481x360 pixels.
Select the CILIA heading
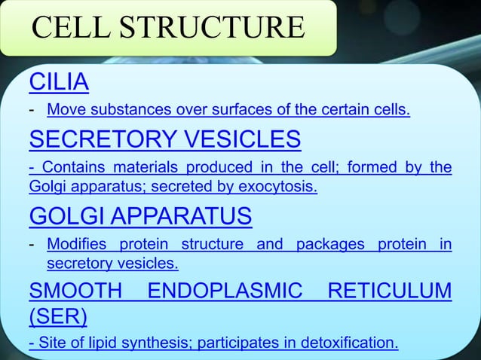click(58, 81)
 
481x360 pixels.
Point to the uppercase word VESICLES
click(248, 139)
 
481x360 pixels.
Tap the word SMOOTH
click(74, 291)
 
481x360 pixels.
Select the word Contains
click(67, 167)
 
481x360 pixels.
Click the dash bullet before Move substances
click(32, 111)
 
